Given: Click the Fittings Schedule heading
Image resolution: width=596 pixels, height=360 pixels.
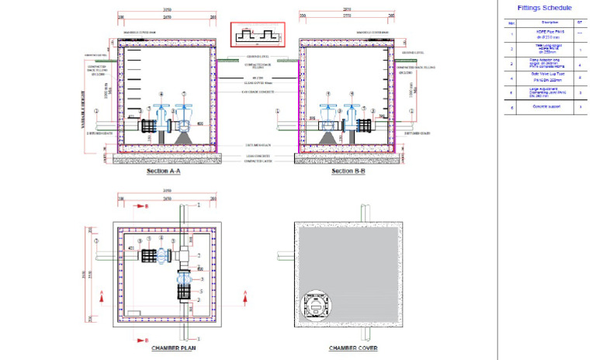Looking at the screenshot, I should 544,8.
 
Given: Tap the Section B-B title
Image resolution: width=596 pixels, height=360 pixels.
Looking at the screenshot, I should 348,171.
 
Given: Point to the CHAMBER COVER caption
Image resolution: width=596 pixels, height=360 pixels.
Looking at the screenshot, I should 353,348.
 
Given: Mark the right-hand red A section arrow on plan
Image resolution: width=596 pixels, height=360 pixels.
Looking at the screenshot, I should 245,292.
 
